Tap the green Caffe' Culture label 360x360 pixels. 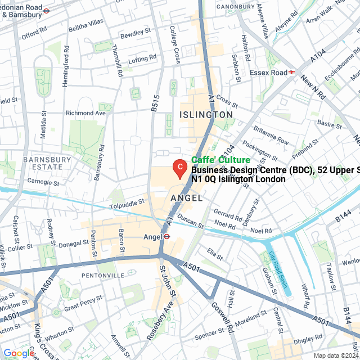coord(220,160)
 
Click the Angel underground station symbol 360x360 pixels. coord(166,237)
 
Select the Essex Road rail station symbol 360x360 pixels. coord(292,72)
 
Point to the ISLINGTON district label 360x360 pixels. coord(206,114)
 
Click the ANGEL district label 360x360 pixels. coord(186,199)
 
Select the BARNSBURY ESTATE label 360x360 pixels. coord(47,163)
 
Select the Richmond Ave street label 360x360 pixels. coord(85,113)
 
